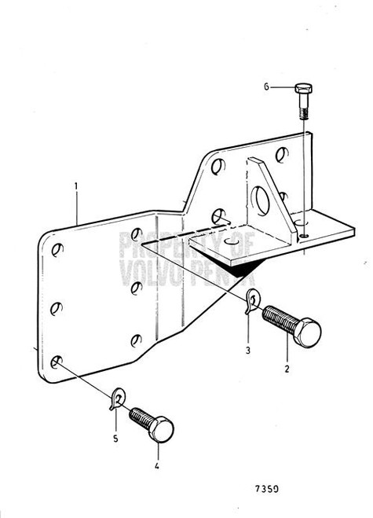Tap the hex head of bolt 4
(160, 430)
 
